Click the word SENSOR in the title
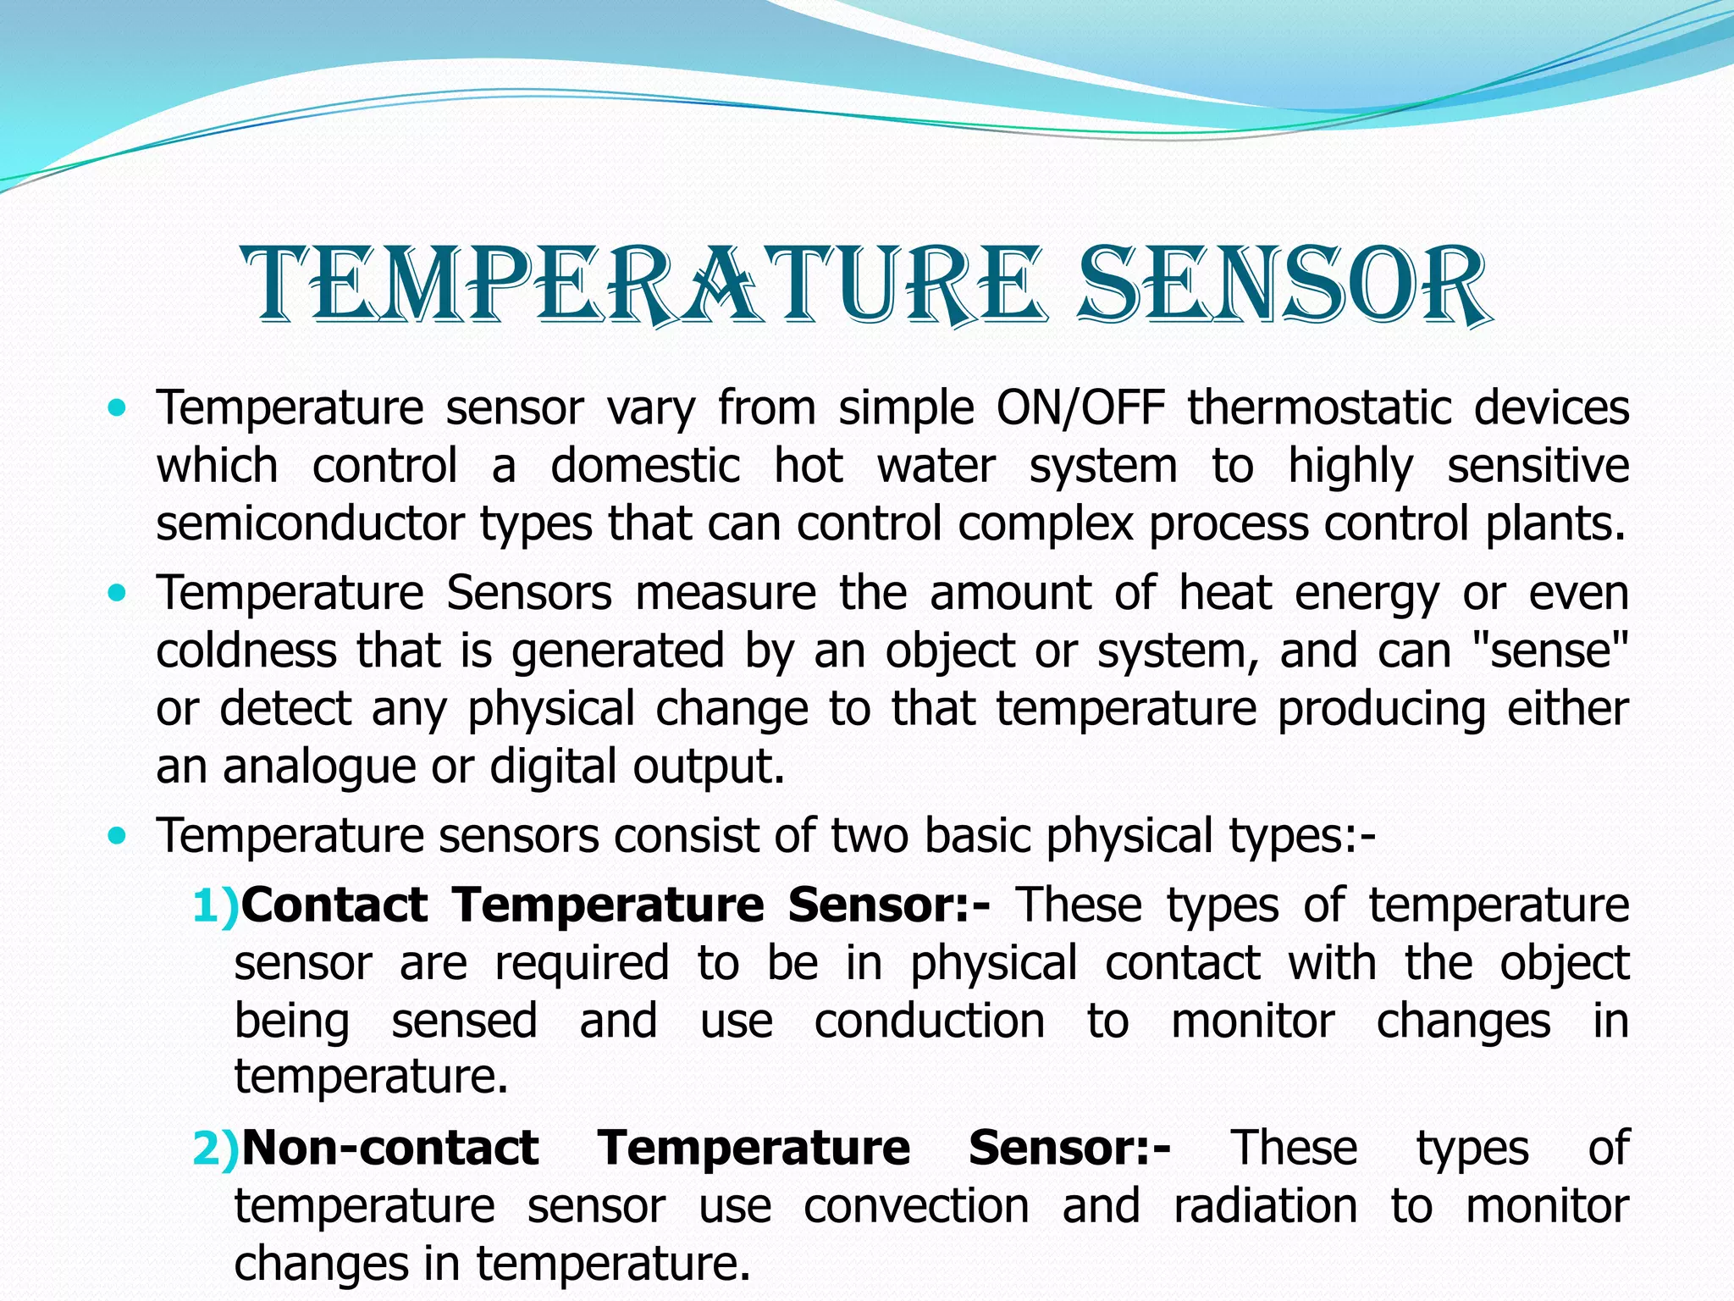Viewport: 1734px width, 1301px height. click(1283, 285)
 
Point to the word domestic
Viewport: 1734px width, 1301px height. click(645, 466)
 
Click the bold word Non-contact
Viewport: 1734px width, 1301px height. click(390, 1149)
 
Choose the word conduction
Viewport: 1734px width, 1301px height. click(930, 1021)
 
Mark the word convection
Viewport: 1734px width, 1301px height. click(916, 1205)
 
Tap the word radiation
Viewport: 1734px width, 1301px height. click(1265, 1205)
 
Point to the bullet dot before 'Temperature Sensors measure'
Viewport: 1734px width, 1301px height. click(118, 594)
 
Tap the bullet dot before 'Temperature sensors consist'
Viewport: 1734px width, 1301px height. click(118, 837)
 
